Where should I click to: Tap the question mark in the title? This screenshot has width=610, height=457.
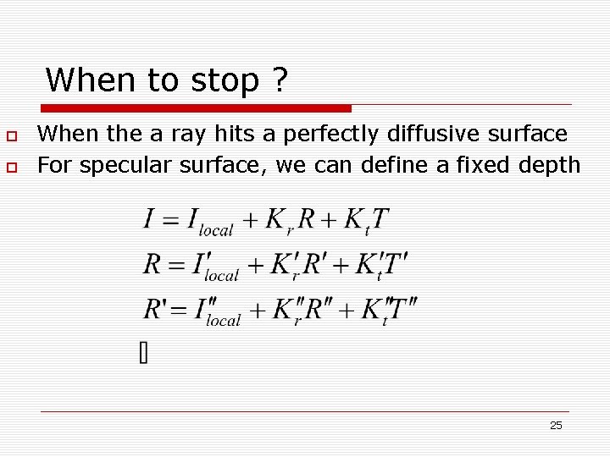pyautogui.click(x=280, y=80)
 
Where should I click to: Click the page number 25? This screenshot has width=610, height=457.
pyautogui.click(x=556, y=425)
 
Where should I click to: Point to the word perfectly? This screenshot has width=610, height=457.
pyautogui.click(x=331, y=134)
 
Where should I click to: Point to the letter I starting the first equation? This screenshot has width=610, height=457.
pyautogui.click(x=149, y=219)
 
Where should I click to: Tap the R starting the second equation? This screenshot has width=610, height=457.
pyautogui.click(x=152, y=264)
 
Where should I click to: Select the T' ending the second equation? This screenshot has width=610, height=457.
pyautogui.click(x=397, y=264)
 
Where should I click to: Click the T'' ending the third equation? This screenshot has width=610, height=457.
pyautogui.click(x=405, y=309)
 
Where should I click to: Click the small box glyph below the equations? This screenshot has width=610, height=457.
pyautogui.click(x=143, y=353)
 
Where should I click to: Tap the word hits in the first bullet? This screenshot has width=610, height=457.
pyautogui.click(x=254, y=134)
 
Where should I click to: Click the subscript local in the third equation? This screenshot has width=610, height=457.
pyautogui.click(x=224, y=320)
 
